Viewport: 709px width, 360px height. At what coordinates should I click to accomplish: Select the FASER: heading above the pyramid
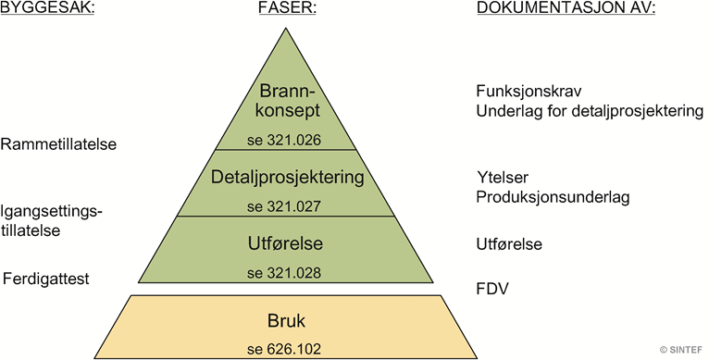tap(282, 9)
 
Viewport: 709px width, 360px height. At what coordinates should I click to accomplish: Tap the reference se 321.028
tap(282, 273)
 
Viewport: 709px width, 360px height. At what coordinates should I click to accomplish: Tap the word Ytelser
tap(502, 178)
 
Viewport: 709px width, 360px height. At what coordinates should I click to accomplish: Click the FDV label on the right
tap(492, 290)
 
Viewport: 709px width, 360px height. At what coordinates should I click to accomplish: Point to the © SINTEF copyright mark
tap(680, 349)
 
